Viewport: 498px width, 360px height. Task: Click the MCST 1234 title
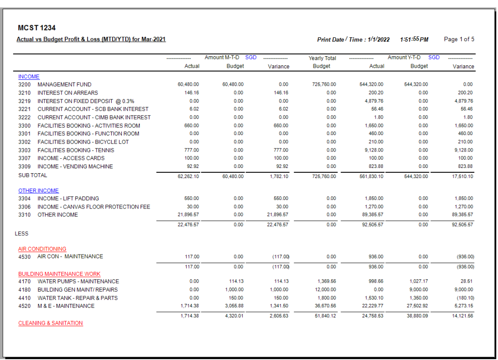click(x=36, y=28)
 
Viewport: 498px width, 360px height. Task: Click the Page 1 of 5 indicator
click(x=459, y=39)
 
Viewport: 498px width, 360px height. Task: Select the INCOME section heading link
click(x=29, y=76)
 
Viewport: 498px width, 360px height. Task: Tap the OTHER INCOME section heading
click(x=39, y=191)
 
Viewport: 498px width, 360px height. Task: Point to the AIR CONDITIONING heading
click(x=42, y=249)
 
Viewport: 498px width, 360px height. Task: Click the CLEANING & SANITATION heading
click(x=51, y=323)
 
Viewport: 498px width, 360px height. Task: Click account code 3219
click(x=25, y=101)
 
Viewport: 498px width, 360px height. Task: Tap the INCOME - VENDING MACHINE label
click(x=75, y=166)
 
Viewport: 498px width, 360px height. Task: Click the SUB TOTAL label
click(x=33, y=175)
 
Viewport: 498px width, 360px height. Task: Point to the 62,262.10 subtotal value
click(x=189, y=177)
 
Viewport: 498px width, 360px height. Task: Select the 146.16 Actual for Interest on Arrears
click(x=192, y=92)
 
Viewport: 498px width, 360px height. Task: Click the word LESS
click(x=22, y=234)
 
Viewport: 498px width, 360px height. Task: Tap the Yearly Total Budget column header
click(x=322, y=62)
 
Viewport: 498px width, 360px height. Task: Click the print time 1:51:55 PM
click(x=414, y=39)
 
